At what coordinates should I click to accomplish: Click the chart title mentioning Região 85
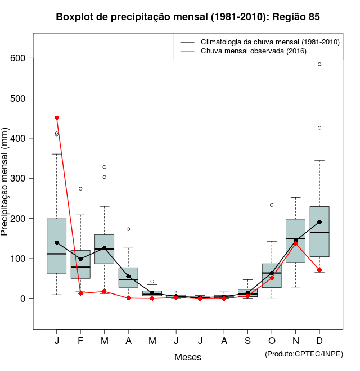[x=188, y=17]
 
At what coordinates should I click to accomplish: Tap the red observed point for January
[x=57, y=117]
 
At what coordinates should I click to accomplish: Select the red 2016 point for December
[x=319, y=270]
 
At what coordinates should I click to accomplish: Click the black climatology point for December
[x=319, y=222]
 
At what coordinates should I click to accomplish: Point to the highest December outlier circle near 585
[x=319, y=64]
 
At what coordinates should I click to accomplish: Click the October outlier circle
[x=272, y=205]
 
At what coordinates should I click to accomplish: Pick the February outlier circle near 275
[x=80, y=189]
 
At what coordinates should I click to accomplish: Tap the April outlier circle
[x=128, y=229]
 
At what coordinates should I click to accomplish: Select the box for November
[x=295, y=241]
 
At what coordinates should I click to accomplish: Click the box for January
[x=57, y=246]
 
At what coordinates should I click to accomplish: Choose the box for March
[x=105, y=249]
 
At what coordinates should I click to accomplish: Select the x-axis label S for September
[x=247, y=342]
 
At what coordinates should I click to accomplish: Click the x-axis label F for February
[x=80, y=342]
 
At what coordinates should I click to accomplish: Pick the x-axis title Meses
[x=188, y=357]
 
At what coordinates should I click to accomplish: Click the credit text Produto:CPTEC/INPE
[x=304, y=354]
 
